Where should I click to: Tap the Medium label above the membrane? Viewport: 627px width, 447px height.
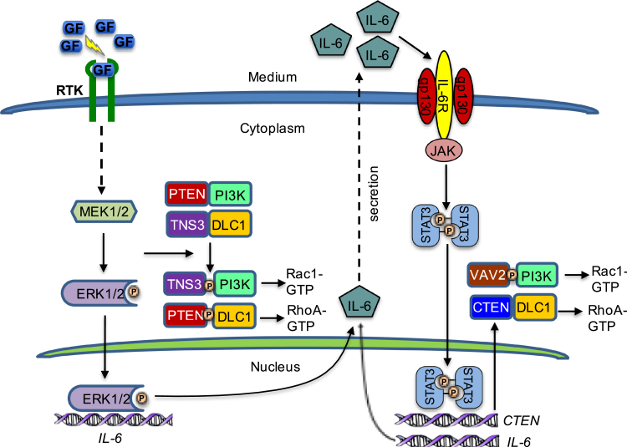pyautogui.click(x=273, y=78)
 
